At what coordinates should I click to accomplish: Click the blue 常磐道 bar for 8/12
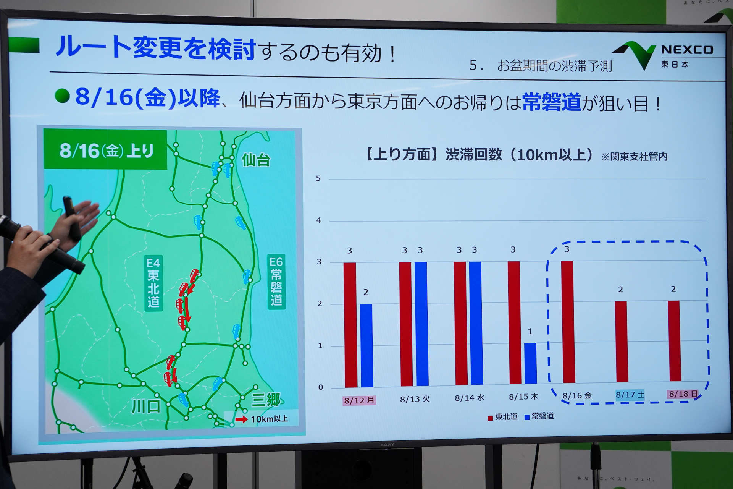tap(366, 345)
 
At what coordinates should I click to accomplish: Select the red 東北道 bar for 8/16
tap(568, 322)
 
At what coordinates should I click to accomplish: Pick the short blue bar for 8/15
tap(530, 363)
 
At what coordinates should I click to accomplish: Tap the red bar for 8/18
tap(674, 341)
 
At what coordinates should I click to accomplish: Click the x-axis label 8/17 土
tap(630, 395)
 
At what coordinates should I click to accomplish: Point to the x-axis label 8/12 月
tap(359, 400)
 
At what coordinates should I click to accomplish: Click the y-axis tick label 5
tap(318, 178)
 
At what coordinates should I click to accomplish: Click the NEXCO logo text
tap(687, 50)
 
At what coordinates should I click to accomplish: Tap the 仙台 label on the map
tap(256, 160)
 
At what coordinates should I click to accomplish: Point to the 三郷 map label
tap(266, 400)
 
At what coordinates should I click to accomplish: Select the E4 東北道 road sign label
tap(153, 283)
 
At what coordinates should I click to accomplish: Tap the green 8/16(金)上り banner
tap(106, 150)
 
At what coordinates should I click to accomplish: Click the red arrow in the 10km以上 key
tap(242, 419)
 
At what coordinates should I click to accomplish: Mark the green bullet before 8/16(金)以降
tap(62, 96)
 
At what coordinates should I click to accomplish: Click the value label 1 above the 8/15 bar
tap(530, 332)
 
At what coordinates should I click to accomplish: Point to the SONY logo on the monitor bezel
tap(387, 445)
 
